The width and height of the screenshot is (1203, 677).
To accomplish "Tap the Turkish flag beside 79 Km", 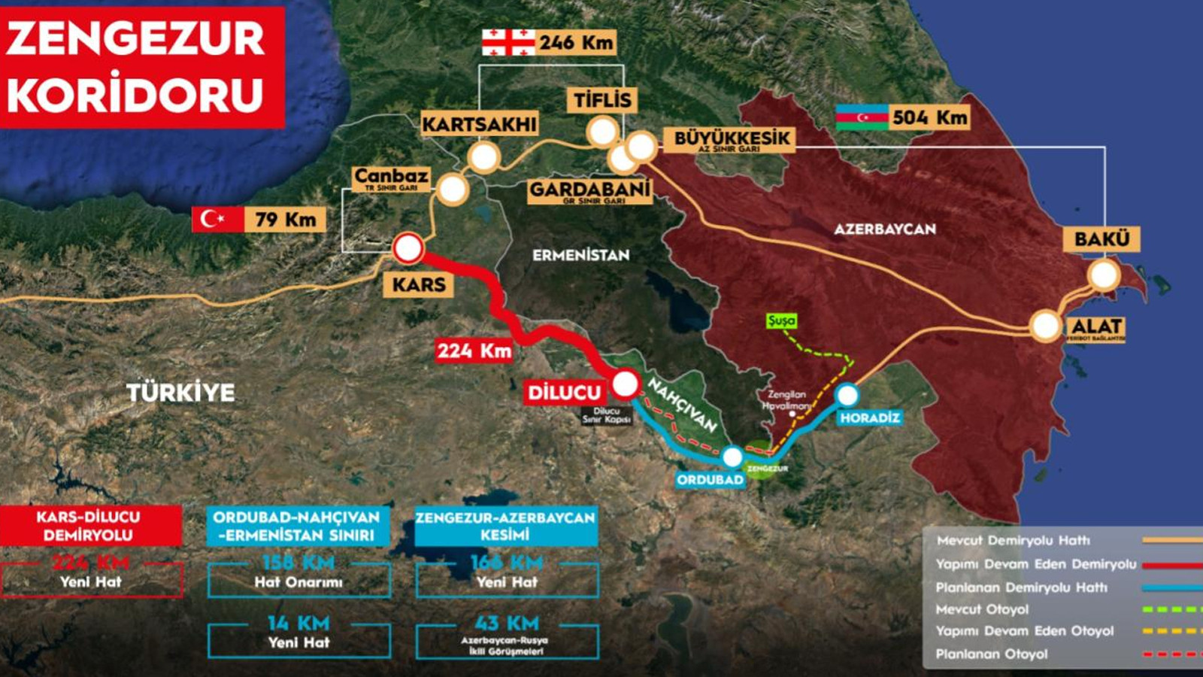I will (x=217, y=219).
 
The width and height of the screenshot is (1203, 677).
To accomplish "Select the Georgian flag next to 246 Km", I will (x=508, y=42).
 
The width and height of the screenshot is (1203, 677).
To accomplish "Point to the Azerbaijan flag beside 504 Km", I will (x=862, y=117).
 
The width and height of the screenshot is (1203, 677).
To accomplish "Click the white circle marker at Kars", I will (x=408, y=248).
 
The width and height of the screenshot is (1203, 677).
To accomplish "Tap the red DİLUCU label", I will (x=564, y=392).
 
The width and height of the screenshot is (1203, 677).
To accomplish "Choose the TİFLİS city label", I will (x=602, y=99).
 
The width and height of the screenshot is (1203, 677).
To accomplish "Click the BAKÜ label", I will (x=1101, y=239).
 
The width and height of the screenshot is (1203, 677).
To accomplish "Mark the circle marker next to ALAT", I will (x=1045, y=326).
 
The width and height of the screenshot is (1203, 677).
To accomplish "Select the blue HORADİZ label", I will (x=870, y=417).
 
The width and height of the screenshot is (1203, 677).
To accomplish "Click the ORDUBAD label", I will (x=710, y=479).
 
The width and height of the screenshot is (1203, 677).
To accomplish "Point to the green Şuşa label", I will (x=781, y=320).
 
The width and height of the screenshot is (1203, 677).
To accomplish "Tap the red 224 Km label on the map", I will (x=474, y=350).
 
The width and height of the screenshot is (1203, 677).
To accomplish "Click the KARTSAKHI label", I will (x=479, y=123).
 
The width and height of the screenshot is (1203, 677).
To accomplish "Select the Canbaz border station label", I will (x=391, y=178).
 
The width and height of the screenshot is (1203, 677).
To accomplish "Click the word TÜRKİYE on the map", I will (x=180, y=392).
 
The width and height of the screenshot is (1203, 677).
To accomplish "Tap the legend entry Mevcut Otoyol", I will (x=982, y=609).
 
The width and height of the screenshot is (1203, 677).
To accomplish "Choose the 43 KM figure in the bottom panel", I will (x=507, y=623).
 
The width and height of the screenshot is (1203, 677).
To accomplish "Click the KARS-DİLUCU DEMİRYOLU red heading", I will (x=89, y=526).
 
